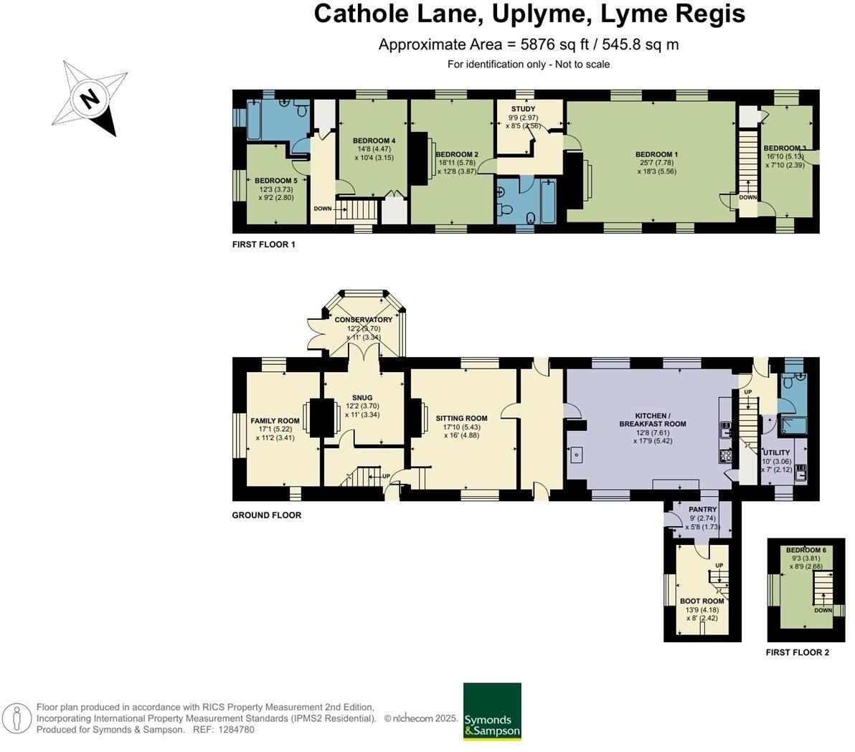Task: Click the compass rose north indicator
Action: [90, 98]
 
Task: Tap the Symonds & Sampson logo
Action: [492, 711]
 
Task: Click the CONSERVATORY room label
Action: [364, 320]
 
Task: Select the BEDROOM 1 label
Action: [656, 154]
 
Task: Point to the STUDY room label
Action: [523, 109]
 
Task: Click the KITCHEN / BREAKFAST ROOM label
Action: [652, 420]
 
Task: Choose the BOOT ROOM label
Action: [702, 601]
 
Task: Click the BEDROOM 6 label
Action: [806, 550]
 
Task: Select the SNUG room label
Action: [362, 397]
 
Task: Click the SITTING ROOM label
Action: [461, 418]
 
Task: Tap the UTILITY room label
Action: [777, 452]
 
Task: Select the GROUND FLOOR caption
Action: [266, 515]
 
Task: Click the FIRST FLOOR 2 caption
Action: [797, 652]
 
